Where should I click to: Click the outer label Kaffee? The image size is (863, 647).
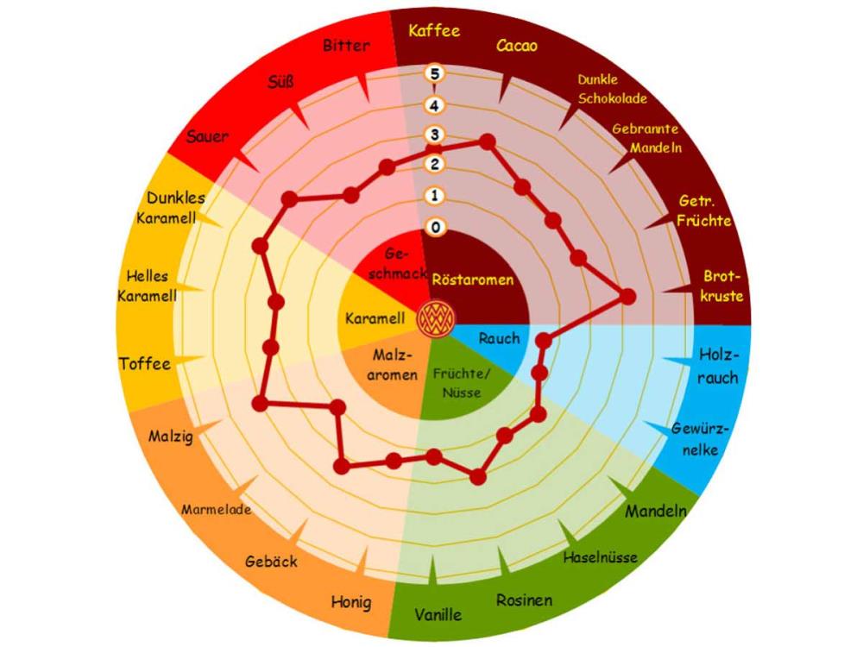pyautogui.click(x=435, y=31)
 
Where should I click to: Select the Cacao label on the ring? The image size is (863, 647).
pyautogui.click(x=517, y=46)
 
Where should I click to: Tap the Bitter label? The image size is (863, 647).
pyautogui.click(x=346, y=45)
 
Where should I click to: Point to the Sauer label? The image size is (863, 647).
pyautogui.click(x=207, y=137)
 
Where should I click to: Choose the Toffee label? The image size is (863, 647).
pyautogui.click(x=145, y=363)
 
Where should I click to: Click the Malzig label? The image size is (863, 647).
pyautogui.click(x=170, y=435)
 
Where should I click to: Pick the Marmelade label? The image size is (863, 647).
pyautogui.click(x=217, y=509)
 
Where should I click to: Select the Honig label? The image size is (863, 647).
pyautogui.click(x=351, y=601)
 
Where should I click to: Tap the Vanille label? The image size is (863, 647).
pyautogui.click(x=438, y=615)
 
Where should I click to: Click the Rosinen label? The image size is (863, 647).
pyautogui.click(x=524, y=600)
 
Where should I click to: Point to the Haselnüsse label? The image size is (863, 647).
pyautogui.click(x=601, y=557)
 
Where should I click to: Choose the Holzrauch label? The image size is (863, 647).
pyautogui.click(x=718, y=366)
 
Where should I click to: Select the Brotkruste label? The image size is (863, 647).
pyautogui.click(x=723, y=286)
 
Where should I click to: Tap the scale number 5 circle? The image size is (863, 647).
pyautogui.click(x=435, y=73)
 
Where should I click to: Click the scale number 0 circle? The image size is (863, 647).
pyautogui.click(x=435, y=228)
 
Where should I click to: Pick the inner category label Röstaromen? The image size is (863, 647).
pyautogui.click(x=473, y=280)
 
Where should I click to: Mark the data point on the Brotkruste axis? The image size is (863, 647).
pyautogui.click(x=628, y=297)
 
